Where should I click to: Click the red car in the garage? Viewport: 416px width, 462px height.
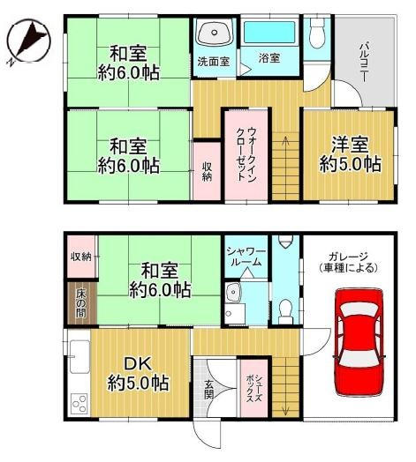[x=359, y=343]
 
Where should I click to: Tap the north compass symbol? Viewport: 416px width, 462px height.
[x=28, y=41]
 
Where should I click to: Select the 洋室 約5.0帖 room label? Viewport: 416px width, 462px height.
[x=351, y=154]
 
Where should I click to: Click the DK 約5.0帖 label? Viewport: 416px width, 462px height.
[x=138, y=373]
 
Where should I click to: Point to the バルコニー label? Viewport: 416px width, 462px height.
[x=365, y=62]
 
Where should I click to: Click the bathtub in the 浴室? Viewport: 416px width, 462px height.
[x=269, y=33]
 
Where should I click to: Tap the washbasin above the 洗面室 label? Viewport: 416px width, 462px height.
[x=215, y=33]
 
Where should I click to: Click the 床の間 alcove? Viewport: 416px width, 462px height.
[x=81, y=303]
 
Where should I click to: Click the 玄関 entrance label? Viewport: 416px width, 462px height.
[x=209, y=390]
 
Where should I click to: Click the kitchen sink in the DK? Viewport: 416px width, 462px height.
[x=79, y=357]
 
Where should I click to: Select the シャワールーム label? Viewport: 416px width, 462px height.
[x=246, y=257]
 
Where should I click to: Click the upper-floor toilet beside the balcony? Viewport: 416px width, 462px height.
[x=317, y=33]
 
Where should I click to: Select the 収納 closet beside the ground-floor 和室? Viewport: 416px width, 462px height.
[x=81, y=257]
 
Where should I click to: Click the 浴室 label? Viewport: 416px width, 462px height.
[x=269, y=58]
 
